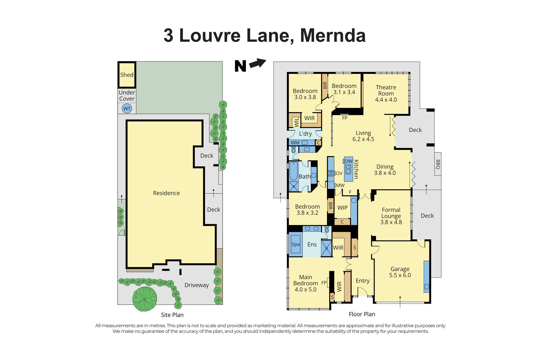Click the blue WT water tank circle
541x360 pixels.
(x=127, y=109)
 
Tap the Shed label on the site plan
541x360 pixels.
(x=127, y=75)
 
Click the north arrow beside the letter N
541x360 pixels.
(x=258, y=63)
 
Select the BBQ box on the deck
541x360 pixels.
(x=438, y=164)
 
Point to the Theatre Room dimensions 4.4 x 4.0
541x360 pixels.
(x=386, y=100)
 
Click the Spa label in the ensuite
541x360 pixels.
(x=295, y=244)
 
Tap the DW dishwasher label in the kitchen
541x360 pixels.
(x=348, y=161)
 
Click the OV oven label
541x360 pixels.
(x=339, y=173)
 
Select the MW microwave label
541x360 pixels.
(x=340, y=186)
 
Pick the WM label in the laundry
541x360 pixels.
(x=295, y=143)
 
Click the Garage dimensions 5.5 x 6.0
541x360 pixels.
(x=400, y=275)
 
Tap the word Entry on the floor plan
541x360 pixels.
(x=362, y=281)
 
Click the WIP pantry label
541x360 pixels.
(x=342, y=208)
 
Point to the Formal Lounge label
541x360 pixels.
(x=391, y=213)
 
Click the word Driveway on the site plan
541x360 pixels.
(x=196, y=285)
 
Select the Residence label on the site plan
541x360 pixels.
(x=166, y=193)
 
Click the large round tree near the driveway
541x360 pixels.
(x=145, y=299)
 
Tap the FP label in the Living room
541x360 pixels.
(x=345, y=118)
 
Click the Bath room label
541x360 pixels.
(x=305, y=177)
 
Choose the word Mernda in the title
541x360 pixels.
(x=333, y=36)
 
